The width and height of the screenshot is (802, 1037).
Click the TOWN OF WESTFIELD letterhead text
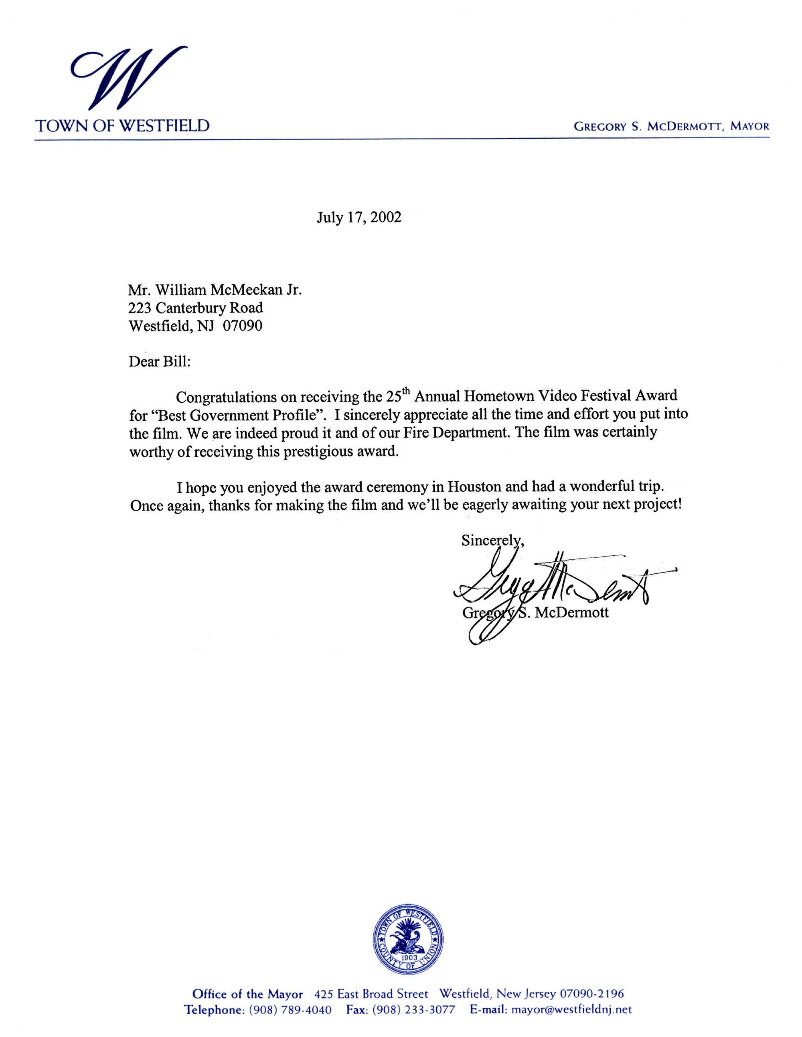(x=123, y=126)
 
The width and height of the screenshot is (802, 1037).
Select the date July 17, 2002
(x=359, y=218)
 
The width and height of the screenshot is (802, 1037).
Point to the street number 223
(x=140, y=308)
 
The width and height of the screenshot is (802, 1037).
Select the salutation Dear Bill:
(x=159, y=362)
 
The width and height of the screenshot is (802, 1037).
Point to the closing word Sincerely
(x=492, y=541)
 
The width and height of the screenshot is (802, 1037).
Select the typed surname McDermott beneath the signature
(x=571, y=613)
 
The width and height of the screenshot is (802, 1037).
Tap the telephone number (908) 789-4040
(x=290, y=1009)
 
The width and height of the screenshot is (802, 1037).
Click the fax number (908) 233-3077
(x=414, y=1009)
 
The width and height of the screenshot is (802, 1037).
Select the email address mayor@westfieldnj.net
(x=571, y=1009)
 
